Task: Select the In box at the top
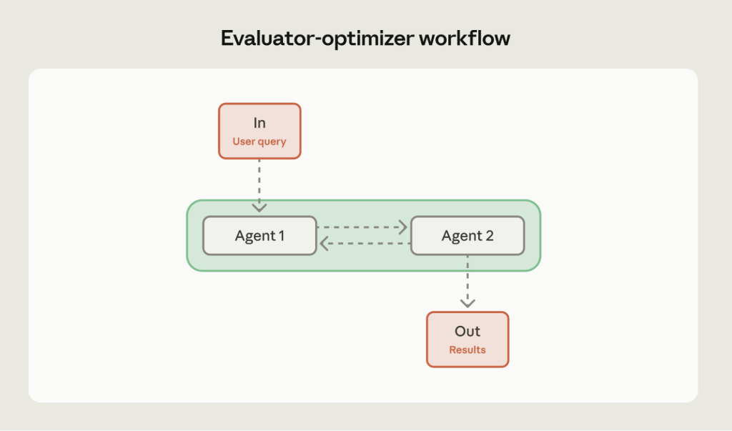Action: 259,131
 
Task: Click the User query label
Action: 259,142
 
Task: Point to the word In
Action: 259,123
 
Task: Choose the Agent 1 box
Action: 259,235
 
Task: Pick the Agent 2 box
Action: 468,235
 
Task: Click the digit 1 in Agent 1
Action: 281,235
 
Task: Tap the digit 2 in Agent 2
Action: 490,235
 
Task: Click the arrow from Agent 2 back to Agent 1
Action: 365,244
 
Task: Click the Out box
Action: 468,340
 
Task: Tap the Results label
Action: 468,350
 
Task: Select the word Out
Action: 468,332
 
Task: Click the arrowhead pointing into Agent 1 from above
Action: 259,208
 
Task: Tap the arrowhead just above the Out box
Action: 468,303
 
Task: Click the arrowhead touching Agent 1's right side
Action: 323,244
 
